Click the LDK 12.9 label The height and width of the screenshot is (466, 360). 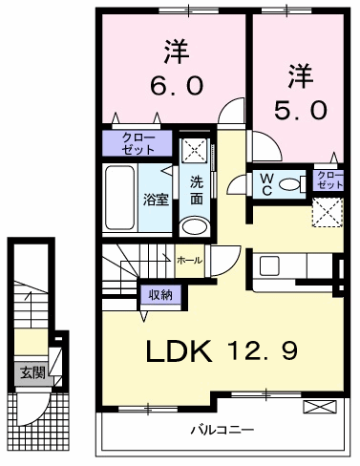pyautogui.click(x=222, y=350)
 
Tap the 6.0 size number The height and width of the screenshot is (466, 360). pyautogui.click(x=177, y=86)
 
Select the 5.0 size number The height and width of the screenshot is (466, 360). pyautogui.click(x=301, y=110)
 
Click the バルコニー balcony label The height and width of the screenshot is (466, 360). pyautogui.click(x=222, y=431)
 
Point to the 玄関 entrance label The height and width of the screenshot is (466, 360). pyautogui.click(x=32, y=372)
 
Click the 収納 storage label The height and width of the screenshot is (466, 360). pyautogui.click(x=161, y=295)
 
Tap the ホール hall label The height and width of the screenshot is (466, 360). pyautogui.click(x=189, y=261)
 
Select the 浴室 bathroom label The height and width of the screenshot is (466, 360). pyautogui.click(x=156, y=200)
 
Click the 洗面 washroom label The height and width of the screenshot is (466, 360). pyautogui.click(x=197, y=191)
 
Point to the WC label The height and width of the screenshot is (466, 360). pyautogui.click(x=266, y=184)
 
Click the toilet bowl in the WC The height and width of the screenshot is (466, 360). pyautogui.click(x=289, y=184)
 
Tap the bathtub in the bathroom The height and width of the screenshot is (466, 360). pyautogui.click(x=119, y=198)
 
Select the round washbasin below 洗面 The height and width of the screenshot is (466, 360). pyautogui.click(x=194, y=226)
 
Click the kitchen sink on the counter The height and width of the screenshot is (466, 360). pyautogui.click(x=269, y=265)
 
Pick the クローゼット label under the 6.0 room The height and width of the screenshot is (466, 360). pyautogui.click(x=138, y=144)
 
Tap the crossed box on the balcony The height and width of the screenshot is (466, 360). pyautogui.click(x=320, y=407)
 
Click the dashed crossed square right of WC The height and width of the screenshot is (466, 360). pyautogui.click(x=328, y=212)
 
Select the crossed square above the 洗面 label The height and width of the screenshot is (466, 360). pyautogui.click(x=194, y=150)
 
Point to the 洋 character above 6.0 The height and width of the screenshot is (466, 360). pyautogui.click(x=177, y=52)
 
